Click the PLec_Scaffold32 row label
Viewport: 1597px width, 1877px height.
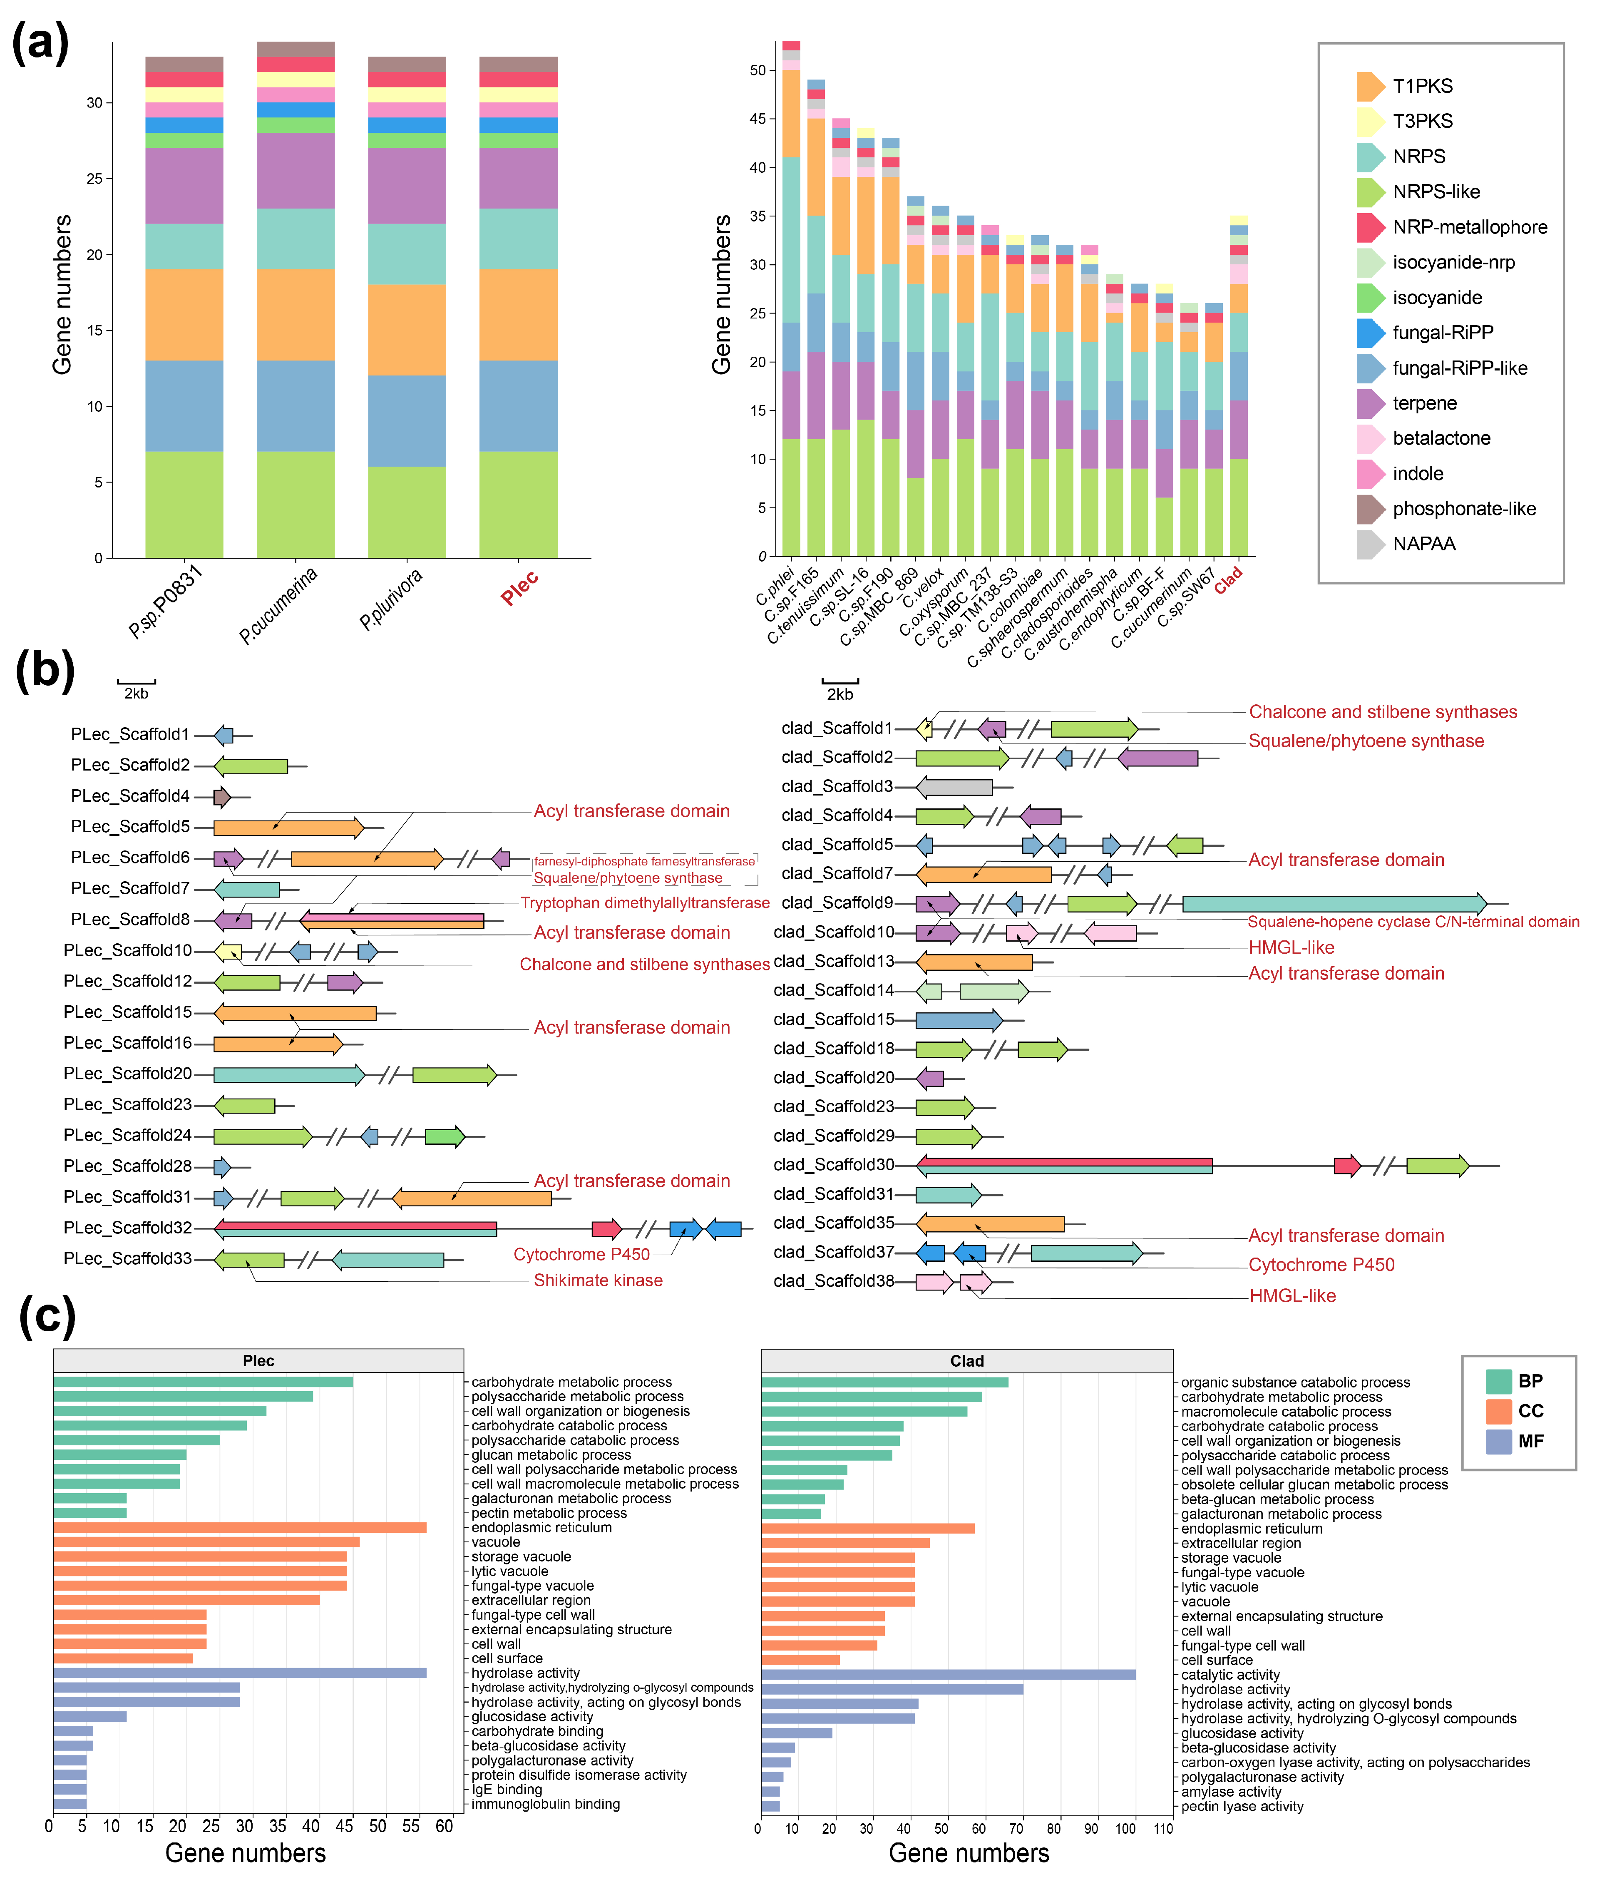point(128,1228)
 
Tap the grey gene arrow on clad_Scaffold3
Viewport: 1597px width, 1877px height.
point(954,787)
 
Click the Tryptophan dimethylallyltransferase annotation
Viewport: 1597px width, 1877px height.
point(645,903)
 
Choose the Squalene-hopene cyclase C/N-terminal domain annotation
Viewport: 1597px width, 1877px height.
point(1412,922)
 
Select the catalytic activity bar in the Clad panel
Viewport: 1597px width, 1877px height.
point(948,1674)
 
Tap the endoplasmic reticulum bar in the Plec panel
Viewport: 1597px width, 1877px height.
point(240,1527)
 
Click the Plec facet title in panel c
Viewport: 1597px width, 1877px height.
point(258,1360)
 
